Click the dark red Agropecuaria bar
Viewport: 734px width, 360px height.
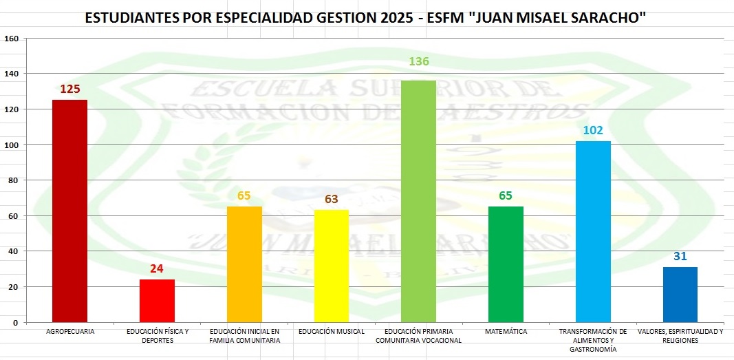pyautogui.click(x=69, y=211)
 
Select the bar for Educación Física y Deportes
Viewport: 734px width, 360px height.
pyautogui.click(x=157, y=300)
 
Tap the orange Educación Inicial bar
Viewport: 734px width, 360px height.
pyautogui.click(x=244, y=264)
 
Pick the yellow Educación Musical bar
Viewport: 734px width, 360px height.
pyautogui.click(x=331, y=266)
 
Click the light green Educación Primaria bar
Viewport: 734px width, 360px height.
pyautogui.click(x=418, y=201)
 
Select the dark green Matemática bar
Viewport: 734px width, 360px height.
pyautogui.click(x=506, y=264)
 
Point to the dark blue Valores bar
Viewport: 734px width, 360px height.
pyautogui.click(x=680, y=295)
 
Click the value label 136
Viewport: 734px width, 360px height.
pyautogui.click(x=418, y=62)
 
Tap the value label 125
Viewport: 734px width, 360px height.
pyautogui.click(x=69, y=89)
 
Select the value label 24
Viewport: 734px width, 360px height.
pyautogui.click(x=157, y=268)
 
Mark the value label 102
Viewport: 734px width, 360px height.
pyautogui.click(x=593, y=130)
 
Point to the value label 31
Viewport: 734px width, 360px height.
pyautogui.click(x=680, y=256)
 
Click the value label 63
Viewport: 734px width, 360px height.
pyautogui.click(x=331, y=200)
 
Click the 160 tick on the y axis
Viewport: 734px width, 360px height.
pyautogui.click(x=11, y=39)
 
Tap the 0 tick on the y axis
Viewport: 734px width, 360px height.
pyautogui.click(x=15, y=322)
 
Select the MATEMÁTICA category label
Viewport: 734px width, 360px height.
pyautogui.click(x=506, y=332)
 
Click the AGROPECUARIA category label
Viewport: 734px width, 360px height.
pyautogui.click(x=69, y=332)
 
